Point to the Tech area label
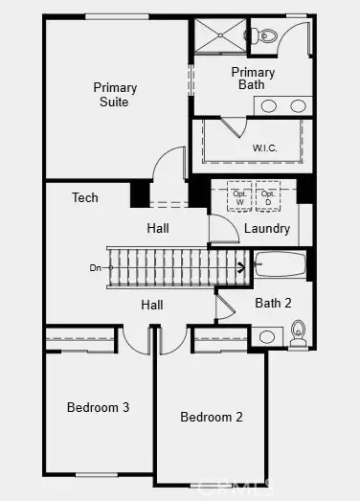tap(85, 197)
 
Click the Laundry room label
tap(267, 229)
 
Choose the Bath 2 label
tap(273, 303)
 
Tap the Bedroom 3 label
tap(98, 407)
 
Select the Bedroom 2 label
tap(212, 417)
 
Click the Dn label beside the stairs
tap(95, 267)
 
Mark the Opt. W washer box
tap(239, 198)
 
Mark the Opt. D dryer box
tap(268, 198)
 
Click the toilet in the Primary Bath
tap(267, 36)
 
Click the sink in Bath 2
tap(268, 336)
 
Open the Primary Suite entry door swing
tap(169, 169)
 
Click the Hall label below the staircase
tap(152, 305)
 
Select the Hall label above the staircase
tap(158, 229)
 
